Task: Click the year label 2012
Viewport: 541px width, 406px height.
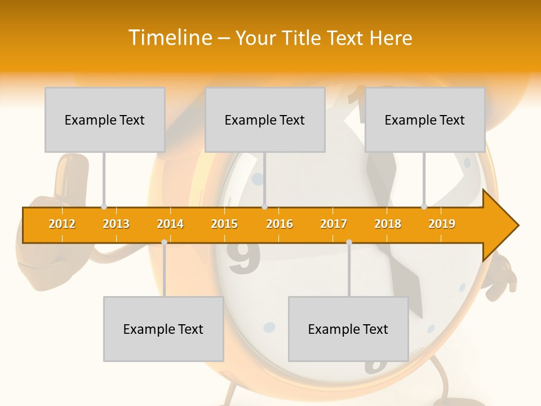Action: [x=62, y=224]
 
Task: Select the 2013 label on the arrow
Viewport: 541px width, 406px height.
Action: [x=116, y=224]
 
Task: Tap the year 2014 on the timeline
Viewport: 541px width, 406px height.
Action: [x=170, y=224]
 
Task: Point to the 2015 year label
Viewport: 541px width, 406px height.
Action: [x=224, y=224]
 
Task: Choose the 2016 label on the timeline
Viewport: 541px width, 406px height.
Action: [x=280, y=224]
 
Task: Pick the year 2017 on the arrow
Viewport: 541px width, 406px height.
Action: [x=334, y=224]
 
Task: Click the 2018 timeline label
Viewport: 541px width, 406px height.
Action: [x=388, y=224]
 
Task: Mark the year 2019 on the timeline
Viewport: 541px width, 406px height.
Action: [x=442, y=224]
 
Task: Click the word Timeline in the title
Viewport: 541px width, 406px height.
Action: [x=171, y=38]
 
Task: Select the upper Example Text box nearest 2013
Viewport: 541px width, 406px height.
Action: [x=105, y=120]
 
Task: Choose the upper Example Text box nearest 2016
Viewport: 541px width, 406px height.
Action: [x=265, y=120]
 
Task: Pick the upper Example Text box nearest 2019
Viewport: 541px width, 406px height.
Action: [x=425, y=120]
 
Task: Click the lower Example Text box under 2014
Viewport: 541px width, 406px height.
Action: [x=163, y=329]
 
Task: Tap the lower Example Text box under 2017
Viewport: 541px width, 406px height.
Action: [x=348, y=329]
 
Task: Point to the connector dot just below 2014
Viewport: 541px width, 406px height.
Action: [x=164, y=242]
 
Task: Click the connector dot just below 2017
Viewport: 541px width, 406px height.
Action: [x=349, y=242]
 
